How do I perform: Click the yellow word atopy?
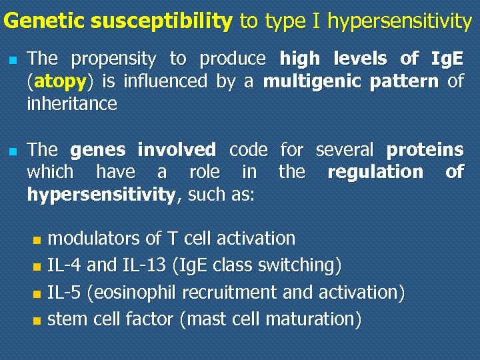pyautogui.click(x=60, y=81)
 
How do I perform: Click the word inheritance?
pyautogui.click(x=71, y=104)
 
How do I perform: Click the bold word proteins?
pyautogui.click(x=425, y=149)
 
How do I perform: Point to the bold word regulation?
pyautogui.click(x=375, y=172)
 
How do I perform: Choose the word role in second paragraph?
pyautogui.click(x=205, y=172)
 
